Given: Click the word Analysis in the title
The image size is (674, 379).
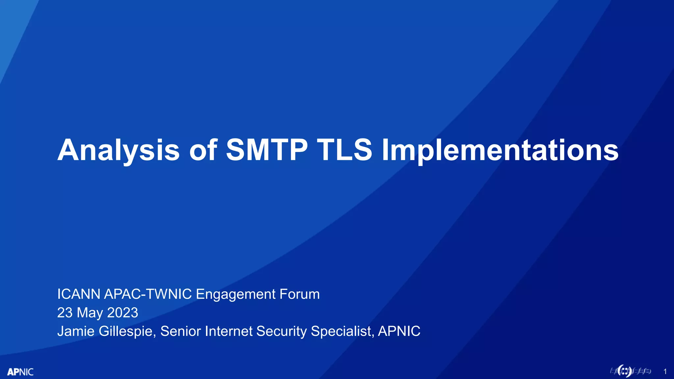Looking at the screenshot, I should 118,151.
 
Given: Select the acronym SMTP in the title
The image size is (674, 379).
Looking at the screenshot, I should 267,150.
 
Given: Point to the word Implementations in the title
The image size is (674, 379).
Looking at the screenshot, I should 500,151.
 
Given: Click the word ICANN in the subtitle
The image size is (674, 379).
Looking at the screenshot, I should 79,294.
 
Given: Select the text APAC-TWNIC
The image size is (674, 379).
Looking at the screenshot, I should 148,294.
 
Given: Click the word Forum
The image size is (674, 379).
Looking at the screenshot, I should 299,294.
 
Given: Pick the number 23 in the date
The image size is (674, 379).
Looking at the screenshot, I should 65,313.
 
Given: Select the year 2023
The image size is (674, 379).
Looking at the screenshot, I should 122,313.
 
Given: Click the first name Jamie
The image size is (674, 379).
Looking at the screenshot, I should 76,331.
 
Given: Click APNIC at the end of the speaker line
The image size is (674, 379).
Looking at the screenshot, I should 399,331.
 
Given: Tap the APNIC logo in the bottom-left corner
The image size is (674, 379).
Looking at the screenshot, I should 20,372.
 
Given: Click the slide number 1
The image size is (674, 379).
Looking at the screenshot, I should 665,372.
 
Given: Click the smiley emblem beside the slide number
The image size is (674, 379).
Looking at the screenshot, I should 624,371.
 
